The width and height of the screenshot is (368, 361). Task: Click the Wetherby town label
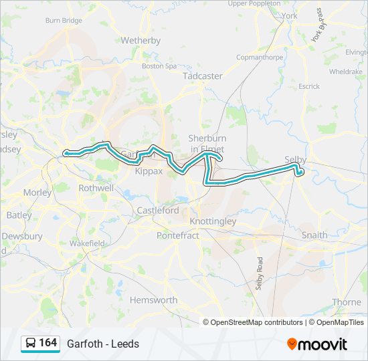[x=141, y=40]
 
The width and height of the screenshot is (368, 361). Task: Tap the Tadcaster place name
[x=203, y=76]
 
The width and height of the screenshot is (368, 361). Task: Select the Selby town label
[x=295, y=160]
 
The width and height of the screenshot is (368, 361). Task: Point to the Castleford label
[x=158, y=210]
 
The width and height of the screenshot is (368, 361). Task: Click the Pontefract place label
[x=177, y=235]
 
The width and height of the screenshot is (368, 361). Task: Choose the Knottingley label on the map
[x=213, y=221]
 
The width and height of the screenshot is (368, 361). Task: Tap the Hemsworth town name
[x=153, y=300]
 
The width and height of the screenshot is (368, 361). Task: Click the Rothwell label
[x=96, y=189]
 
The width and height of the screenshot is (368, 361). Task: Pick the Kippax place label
[x=149, y=171]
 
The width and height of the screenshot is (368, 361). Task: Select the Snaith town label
[x=314, y=235]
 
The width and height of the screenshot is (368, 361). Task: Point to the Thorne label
[x=347, y=302]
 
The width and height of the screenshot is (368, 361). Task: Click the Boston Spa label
[x=159, y=66]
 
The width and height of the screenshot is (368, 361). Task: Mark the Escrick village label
[x=309, y=86]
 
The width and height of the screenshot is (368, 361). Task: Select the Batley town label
[x=19, y=215]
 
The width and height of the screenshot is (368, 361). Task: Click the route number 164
[x=48, y=343]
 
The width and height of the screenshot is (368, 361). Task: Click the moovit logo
[x=317, y=344]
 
